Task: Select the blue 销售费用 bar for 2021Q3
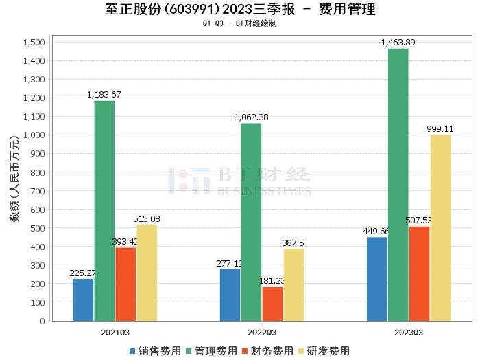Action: (83, 300)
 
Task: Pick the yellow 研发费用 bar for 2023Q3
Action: (440, 227)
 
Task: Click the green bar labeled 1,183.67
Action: (104, 210)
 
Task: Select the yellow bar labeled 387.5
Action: (293, 284)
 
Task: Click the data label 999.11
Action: (440, 128)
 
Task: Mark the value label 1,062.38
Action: (251, 117)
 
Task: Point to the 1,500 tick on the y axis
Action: (34, 43)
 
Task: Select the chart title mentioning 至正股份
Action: (240, 10)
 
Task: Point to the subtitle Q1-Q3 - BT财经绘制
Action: (240, 23)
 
